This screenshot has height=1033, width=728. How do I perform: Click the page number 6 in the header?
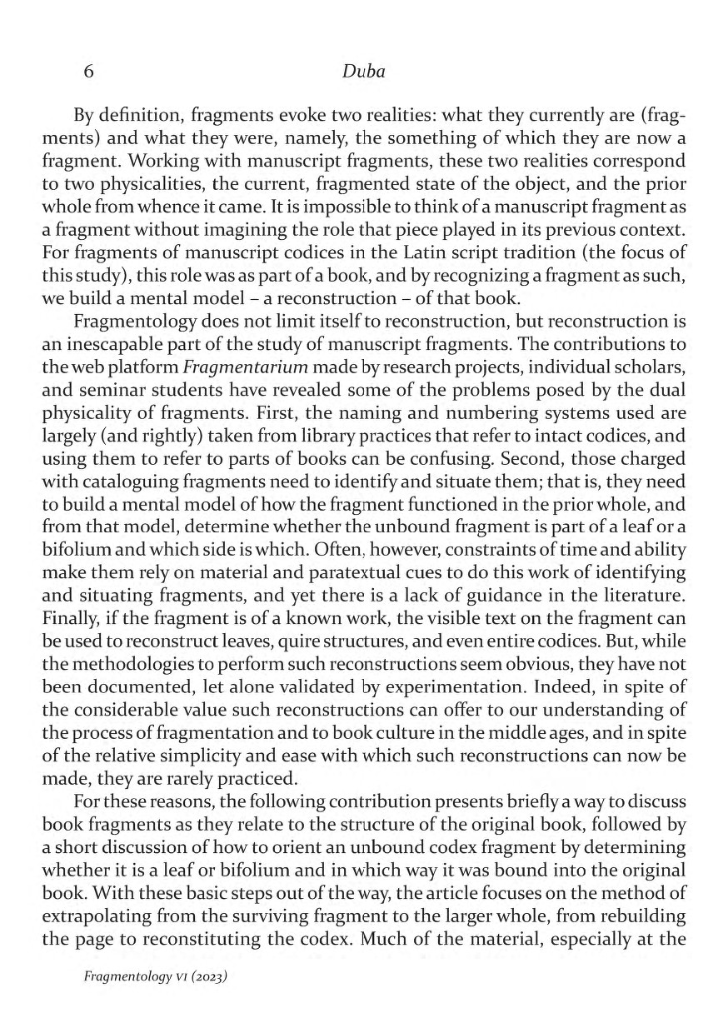tap(88, 72)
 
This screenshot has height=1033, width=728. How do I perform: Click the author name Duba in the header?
tap(363, 72)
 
